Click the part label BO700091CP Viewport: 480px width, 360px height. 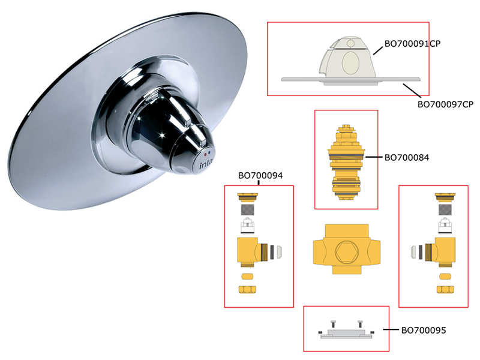412,44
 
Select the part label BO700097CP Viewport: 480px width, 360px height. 445,104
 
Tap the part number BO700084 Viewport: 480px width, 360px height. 407,158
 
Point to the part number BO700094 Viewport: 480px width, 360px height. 260,175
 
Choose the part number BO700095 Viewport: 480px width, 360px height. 424,331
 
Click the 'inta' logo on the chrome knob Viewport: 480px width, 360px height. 205,164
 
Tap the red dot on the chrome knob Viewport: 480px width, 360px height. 205,151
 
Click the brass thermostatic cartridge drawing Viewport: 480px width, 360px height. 346,162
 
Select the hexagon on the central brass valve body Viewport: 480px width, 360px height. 347,252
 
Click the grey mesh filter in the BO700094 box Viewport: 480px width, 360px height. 247,209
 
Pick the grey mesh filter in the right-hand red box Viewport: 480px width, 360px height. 445,209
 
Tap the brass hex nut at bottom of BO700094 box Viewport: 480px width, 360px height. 247,289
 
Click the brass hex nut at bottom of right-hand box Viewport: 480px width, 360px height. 445,289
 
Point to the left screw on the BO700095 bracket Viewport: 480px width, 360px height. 333,324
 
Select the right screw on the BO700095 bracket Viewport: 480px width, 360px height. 360,324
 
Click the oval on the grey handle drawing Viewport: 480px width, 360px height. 350,63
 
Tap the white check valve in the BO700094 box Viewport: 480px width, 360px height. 247,226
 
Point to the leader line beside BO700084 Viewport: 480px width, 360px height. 373,157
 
